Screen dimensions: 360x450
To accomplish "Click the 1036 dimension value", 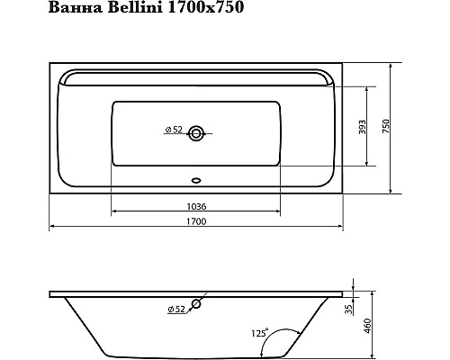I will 196,207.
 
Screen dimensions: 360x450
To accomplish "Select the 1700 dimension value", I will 196,222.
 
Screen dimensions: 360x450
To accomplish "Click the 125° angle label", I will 258,332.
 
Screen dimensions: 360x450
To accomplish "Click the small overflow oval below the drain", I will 196,177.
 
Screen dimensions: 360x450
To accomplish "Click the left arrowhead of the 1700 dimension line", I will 51,225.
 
